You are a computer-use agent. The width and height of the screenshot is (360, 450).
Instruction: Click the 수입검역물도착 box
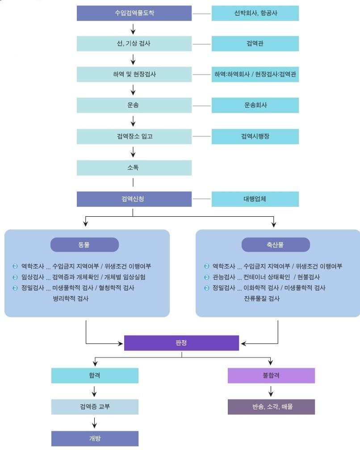pos(134,13)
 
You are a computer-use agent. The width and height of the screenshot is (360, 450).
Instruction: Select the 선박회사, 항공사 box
pos(255,13)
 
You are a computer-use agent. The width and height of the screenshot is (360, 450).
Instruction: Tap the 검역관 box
pos(255,44)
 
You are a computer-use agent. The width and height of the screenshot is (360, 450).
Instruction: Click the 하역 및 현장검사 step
pos(134,74)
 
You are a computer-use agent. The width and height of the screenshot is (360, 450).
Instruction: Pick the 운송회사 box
pos(255,105)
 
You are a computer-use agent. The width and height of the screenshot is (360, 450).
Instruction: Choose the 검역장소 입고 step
pos(134,136)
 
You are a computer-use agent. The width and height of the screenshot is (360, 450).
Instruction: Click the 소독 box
pos(134,168)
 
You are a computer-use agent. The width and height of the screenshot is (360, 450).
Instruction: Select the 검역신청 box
pos(134,199)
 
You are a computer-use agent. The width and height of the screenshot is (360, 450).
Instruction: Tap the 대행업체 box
pos(255,199)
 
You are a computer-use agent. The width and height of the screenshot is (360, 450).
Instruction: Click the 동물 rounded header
pos(84,245)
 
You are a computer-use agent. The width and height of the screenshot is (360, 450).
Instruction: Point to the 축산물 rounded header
pos(276,245)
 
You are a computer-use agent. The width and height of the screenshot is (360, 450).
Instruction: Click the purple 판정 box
pos(181,343)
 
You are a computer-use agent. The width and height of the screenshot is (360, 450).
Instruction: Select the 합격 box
pos(95,375)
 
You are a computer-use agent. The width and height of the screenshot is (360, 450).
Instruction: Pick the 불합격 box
pos(271,375)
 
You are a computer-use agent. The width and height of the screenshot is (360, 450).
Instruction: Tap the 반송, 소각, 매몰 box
pos(271,407)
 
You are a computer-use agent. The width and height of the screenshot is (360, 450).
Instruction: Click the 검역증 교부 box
pos(95,407)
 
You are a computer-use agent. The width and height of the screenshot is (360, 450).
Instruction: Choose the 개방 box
pos(95,438)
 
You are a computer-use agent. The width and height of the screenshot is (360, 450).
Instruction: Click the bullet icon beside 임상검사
pos(15,277)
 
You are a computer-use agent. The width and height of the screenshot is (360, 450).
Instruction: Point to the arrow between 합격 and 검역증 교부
pos(94,391)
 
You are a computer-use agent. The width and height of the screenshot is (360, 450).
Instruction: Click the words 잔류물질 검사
pos(262,299)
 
